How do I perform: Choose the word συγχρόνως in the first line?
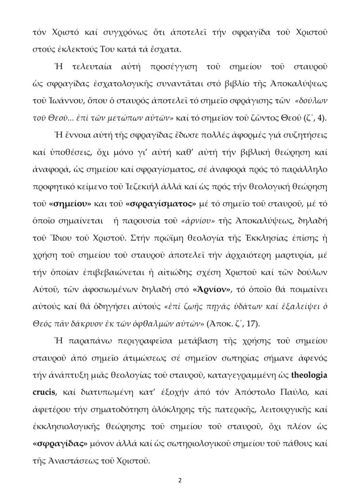pyautogui.click(x=123, y=34)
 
